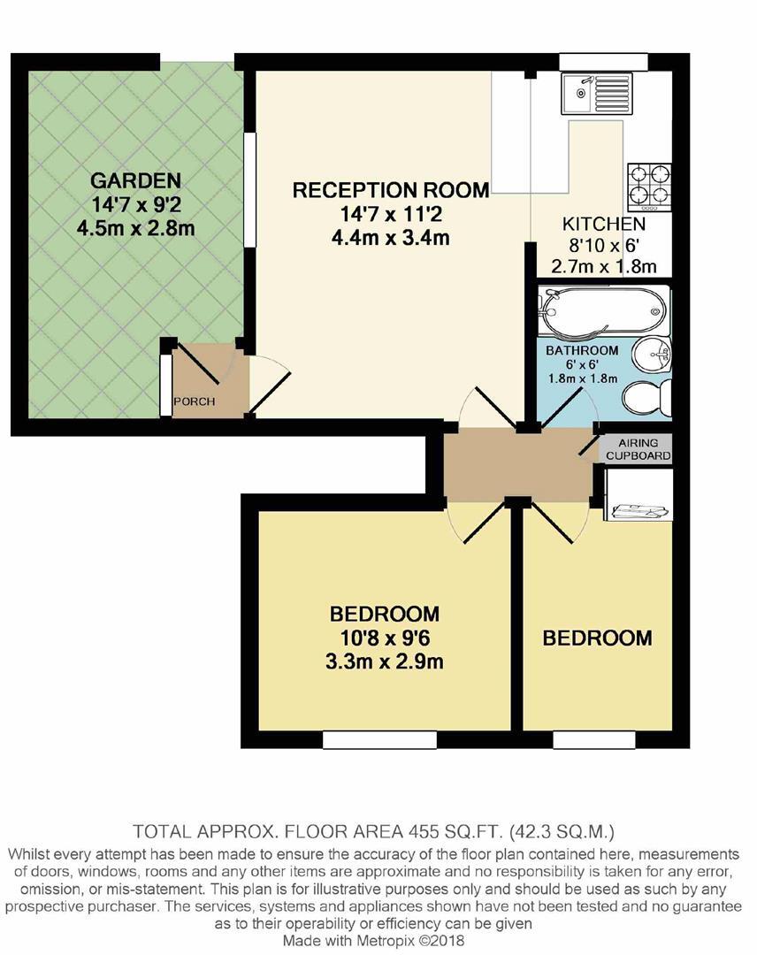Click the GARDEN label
coord(135,181)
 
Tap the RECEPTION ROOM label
coord(390,190)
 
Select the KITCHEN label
coord(605,225)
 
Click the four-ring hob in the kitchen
coord(649,185)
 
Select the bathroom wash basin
coord(655,357)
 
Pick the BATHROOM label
coord(582,351)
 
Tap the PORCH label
coord(195,402)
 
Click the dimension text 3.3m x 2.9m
coord(385,661)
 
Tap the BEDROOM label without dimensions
coord(597,638)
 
